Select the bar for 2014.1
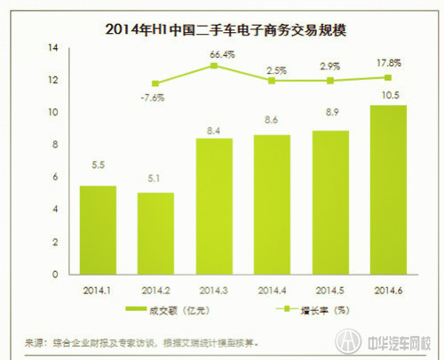click(x=99, y=231)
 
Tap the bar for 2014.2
click(x=156, y=234)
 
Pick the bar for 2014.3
click(x=215, y=207)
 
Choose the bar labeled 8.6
click(x=272, y=205)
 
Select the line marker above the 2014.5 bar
click(x=330, y=81)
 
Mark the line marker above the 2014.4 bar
click(x=272, y=81)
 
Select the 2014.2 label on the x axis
click(x=156, y=290)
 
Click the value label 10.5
click(x=388, y=94)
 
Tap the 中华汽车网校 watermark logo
click(x=391, y=342)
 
